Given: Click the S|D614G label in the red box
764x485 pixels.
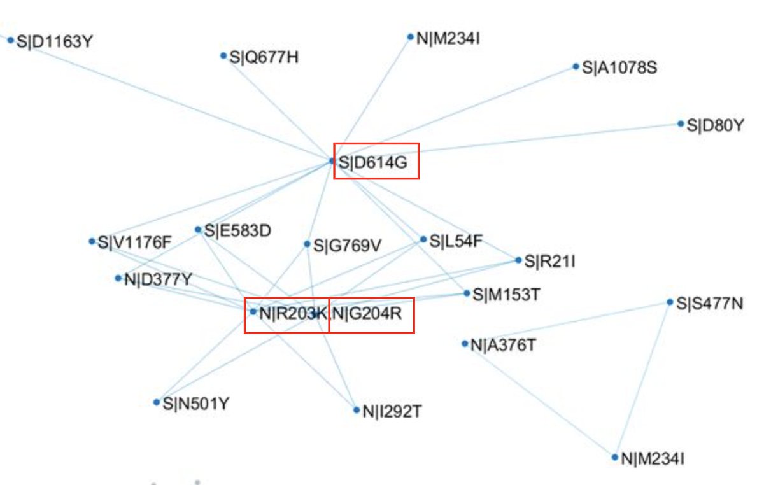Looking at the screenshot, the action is coord(372,162).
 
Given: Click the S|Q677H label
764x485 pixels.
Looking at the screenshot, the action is coord(264,57).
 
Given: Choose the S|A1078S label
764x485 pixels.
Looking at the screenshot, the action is coord(619,67).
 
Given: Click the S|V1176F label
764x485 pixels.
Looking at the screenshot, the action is coord(135,243).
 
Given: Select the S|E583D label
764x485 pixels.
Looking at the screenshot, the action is coord(237,230).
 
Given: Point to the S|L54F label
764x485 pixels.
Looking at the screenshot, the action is coord(456,241).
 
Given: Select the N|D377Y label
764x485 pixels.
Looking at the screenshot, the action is coord(159,279).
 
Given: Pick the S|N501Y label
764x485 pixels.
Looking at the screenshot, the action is coord(195,403).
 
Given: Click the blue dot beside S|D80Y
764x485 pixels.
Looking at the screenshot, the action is coord(681,124).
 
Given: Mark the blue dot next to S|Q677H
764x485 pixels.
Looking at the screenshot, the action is coord(223,56).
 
